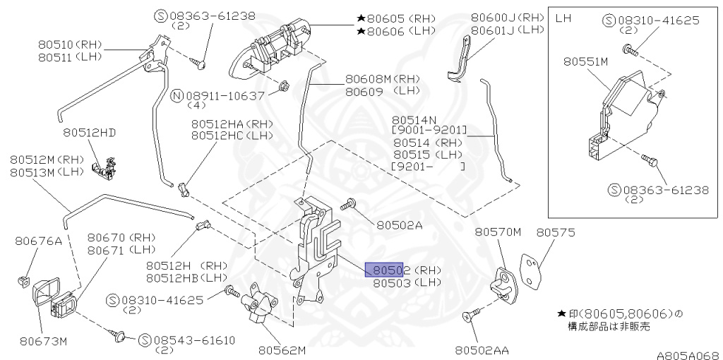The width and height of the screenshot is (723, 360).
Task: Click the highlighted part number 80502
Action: (x=383, y=270)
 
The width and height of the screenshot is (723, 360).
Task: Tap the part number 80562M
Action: (x=281, y=349)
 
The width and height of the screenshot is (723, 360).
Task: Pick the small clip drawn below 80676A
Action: (x=23, y=281)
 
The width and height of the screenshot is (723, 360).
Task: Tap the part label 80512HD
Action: (x=88, y=132)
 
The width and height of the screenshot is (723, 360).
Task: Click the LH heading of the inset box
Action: (x=563, y=18)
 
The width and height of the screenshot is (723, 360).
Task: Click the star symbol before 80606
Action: (x=361, y=30)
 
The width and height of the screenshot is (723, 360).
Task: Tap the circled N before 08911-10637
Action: (x=178, y=95)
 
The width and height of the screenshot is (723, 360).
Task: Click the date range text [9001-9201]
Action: (x=429, y=131)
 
